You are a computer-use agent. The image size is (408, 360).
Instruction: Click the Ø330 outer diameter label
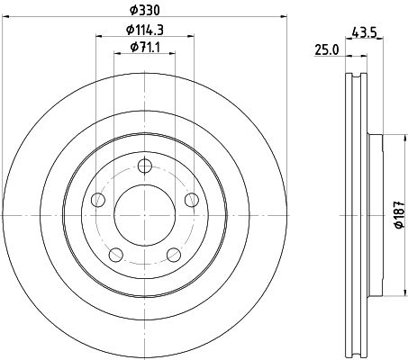pos(144,11)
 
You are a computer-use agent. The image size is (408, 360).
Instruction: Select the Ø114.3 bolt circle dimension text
pos(144,30)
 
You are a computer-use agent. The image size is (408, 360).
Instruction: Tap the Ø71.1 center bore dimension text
pos(144,47)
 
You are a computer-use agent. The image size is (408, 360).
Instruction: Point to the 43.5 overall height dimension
pos(364,32)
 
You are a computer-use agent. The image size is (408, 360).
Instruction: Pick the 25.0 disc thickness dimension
pos(327,49)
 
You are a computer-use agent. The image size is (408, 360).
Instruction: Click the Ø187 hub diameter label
pos(399,215)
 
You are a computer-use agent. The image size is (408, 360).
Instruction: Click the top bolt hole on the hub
pos(144,166)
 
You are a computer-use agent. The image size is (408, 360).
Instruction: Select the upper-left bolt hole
pos(98,200)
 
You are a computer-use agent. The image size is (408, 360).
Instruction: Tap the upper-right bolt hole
pos(192,200)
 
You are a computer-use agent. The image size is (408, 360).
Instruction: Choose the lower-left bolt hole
pos(116,255)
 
